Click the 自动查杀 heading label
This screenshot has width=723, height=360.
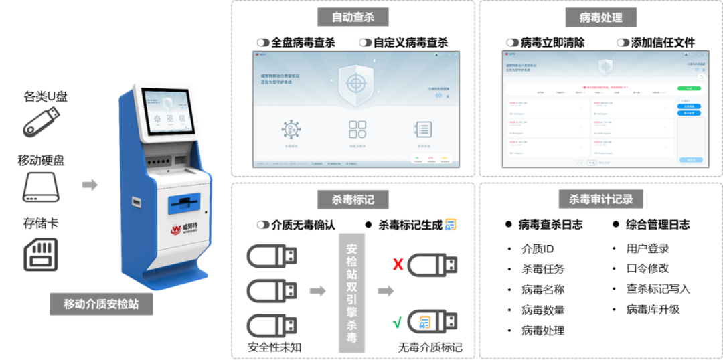coord(353,17)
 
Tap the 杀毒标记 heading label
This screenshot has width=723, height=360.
coord(352,199)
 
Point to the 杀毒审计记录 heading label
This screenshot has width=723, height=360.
coord(600,199)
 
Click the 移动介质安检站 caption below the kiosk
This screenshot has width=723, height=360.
coord(101,304)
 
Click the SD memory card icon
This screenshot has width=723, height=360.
coord(42,254)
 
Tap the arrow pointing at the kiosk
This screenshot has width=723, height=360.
coord(90,185)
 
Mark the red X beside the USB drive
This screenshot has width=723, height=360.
coord(398,264)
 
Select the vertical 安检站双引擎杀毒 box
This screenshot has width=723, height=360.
coord(351,292)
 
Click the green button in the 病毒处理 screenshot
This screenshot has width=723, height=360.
coord(685,88)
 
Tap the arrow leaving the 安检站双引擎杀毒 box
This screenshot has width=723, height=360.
coord(386,292)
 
